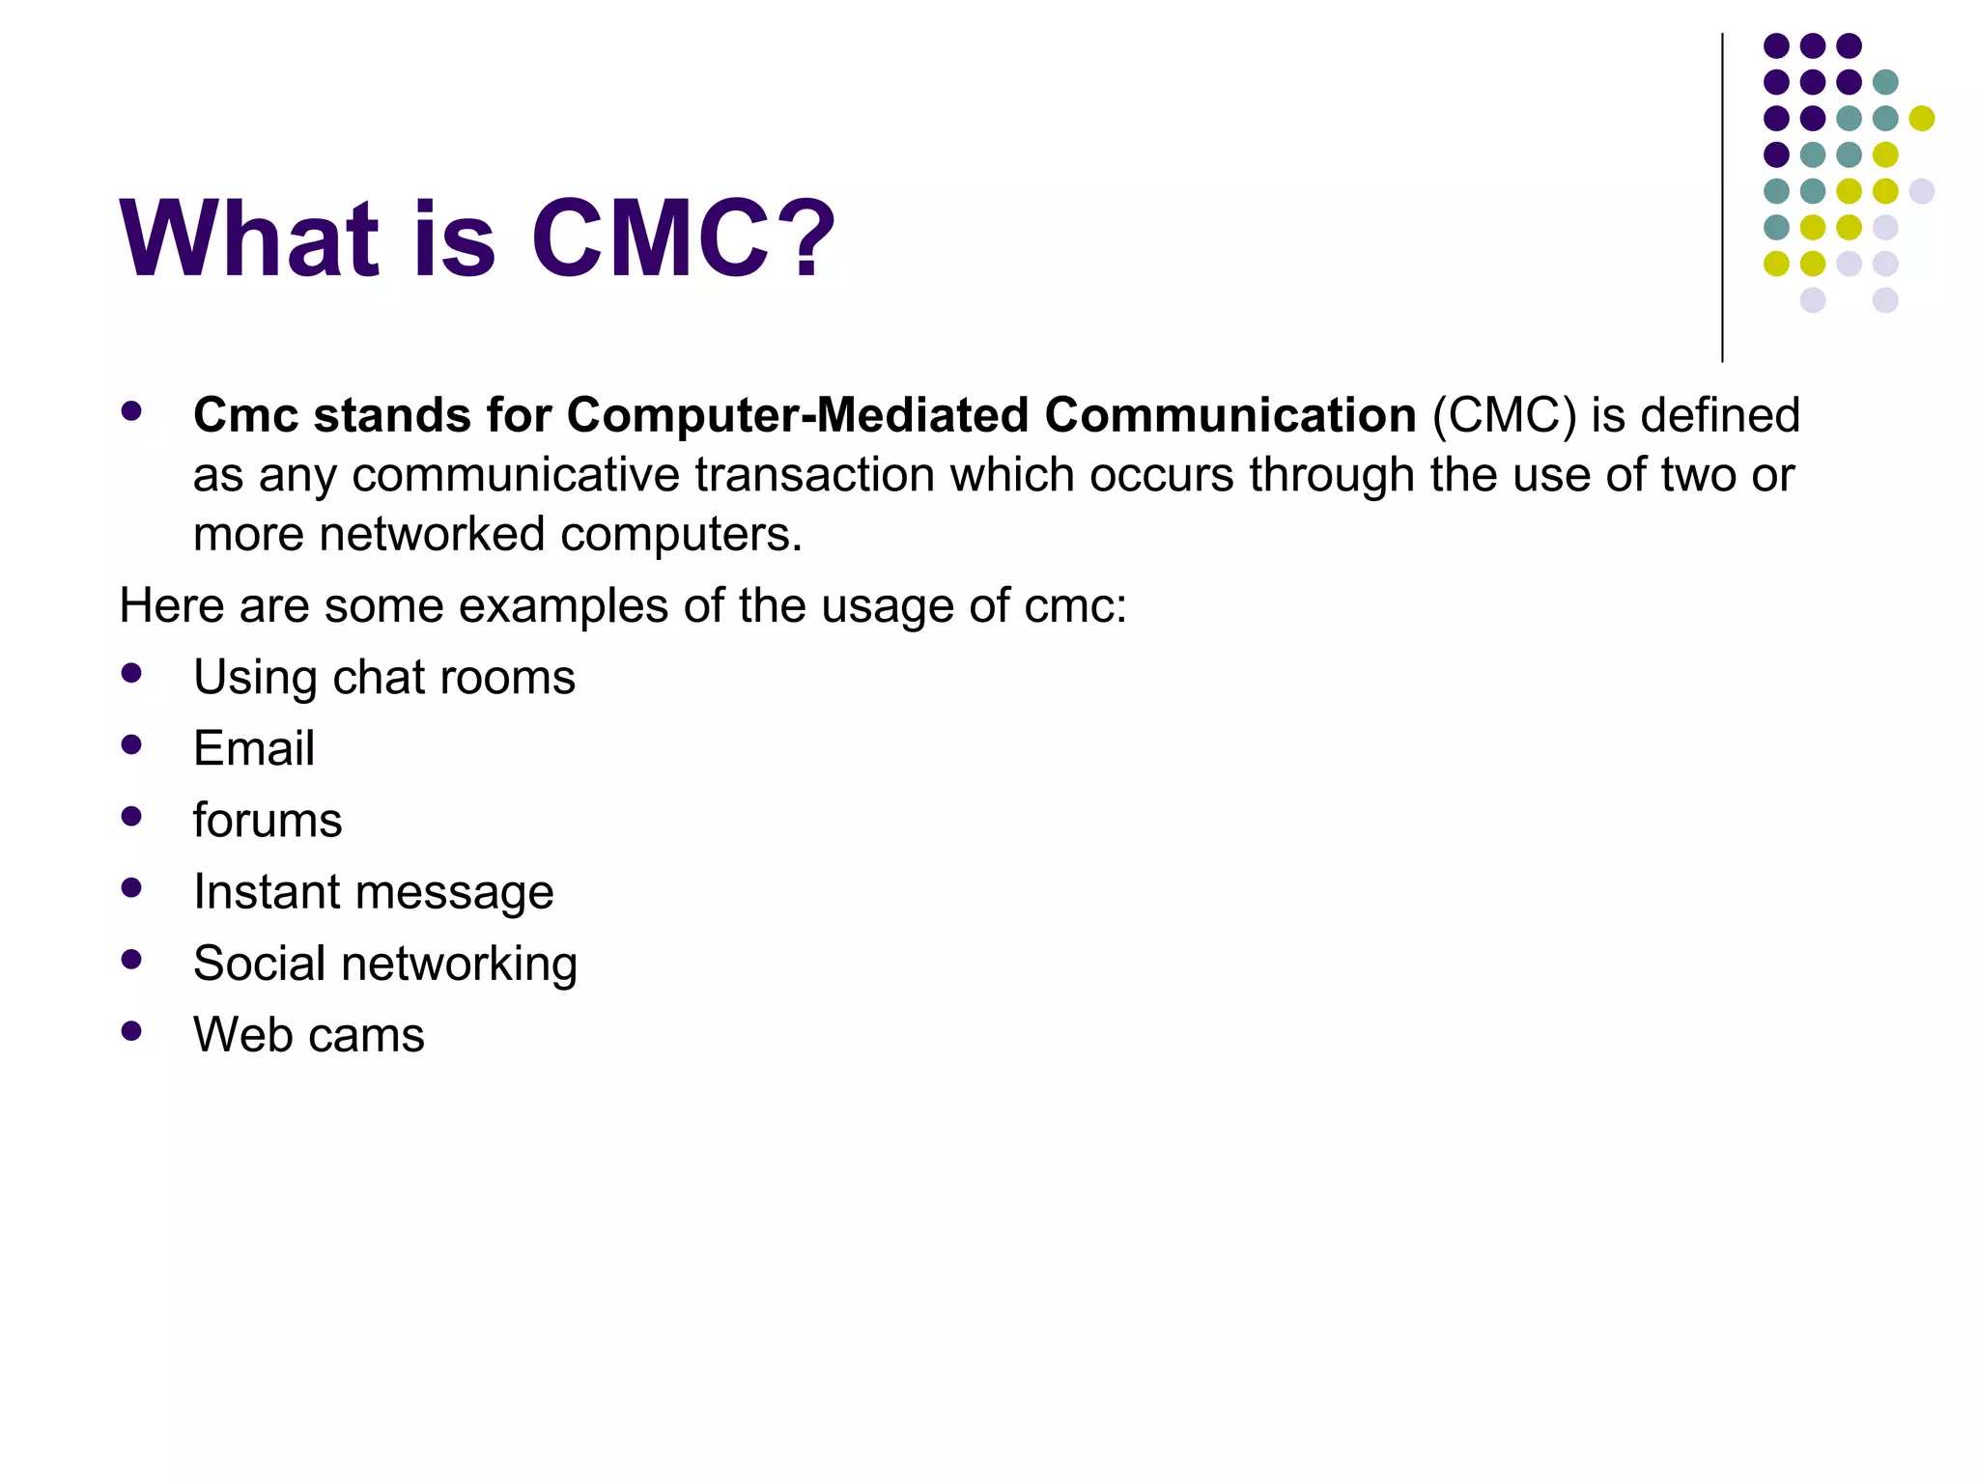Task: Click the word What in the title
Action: (x=249, y=238)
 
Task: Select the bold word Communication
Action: (x=1229, y=415)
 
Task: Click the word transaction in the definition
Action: (x=814, y=475)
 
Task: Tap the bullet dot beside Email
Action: (x=132, y=745)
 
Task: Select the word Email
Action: (x=254, y=748)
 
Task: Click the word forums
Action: (x=268, y=821)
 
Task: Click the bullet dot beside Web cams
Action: (x=132, y=1031)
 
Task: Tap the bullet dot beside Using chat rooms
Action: (x=132, y=674)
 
